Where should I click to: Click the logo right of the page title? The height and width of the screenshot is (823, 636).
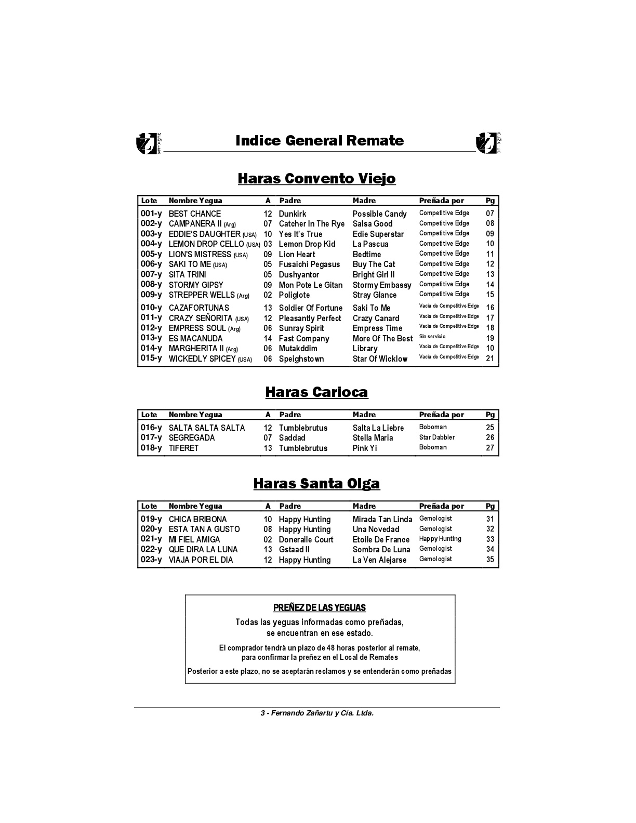[488, 143]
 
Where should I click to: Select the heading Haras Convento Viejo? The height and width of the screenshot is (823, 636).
[316, 178]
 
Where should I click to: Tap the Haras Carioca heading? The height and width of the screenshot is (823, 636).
[316, 392]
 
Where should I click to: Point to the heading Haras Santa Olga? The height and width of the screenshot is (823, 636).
[316, 483]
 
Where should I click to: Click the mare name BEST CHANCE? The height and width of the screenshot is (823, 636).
[194, 214]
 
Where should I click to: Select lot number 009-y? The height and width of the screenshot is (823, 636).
[151, 295]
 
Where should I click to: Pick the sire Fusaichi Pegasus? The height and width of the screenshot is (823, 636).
[309, 264]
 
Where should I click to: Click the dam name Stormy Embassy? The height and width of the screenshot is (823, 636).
[381, 285]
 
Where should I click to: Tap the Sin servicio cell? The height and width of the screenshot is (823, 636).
[432, 337]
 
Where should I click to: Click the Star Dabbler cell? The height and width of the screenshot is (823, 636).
[437, 437]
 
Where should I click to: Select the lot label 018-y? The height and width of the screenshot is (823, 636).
[151, 448]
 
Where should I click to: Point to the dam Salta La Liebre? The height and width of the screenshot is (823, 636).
[378, 428]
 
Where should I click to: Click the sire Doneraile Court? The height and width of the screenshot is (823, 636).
[306, 539]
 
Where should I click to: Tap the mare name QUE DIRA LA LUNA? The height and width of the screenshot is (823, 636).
[203, 550]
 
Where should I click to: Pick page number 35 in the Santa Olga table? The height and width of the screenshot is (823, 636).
[490, 560]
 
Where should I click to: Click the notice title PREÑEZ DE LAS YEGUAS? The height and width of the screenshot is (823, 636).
[320, 608]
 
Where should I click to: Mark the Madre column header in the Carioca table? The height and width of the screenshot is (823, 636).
[364, 415]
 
